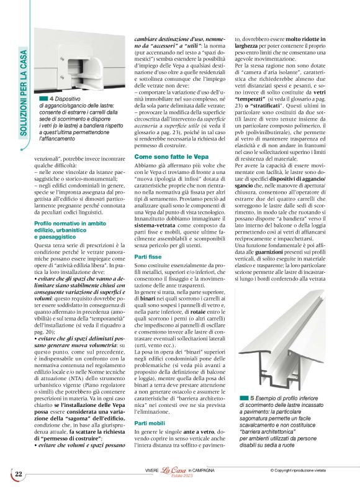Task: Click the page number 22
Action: point(19,475)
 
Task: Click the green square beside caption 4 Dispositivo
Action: point(43,99)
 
